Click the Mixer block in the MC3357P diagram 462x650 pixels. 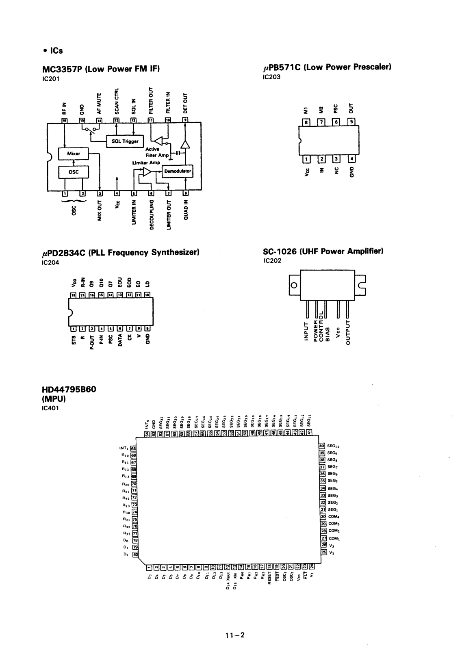click(x=74, y=154)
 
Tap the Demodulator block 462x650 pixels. click(x=177, y=171)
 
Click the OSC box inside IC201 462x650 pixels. click(x=74, y=172)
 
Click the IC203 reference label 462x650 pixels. click(x=272, y=76)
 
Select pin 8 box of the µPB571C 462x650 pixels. click(x=307, y=121)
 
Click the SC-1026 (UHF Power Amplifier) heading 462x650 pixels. click(x=323, y=251)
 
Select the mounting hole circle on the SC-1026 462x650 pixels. click(x=295, y=286)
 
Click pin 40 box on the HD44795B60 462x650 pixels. click(x=322, y=446)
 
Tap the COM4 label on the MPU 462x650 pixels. click(x=334, y=517)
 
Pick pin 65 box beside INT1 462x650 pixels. click(x=133, y=448)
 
